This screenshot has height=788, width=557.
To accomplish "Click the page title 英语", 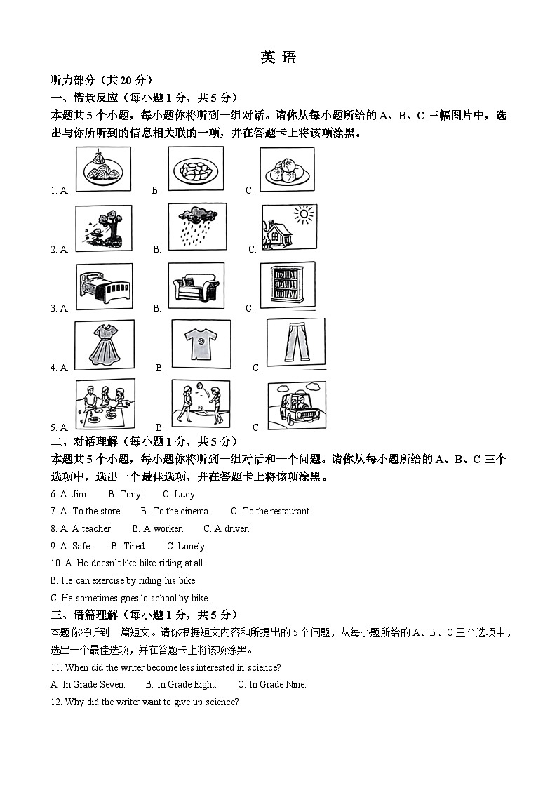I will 278,58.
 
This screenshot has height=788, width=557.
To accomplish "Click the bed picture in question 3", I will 104,286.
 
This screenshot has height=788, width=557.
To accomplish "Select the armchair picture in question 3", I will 196,286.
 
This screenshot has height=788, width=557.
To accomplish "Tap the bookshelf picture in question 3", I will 288,284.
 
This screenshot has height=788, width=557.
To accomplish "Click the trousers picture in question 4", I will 295,344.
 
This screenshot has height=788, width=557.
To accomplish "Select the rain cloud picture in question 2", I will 197,226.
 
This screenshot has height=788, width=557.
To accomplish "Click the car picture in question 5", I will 297,406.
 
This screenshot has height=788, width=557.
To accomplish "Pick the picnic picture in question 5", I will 105,405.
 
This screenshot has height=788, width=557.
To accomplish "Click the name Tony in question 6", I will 130,494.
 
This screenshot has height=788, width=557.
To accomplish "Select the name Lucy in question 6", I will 185,494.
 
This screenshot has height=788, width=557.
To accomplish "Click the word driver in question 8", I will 236,528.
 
